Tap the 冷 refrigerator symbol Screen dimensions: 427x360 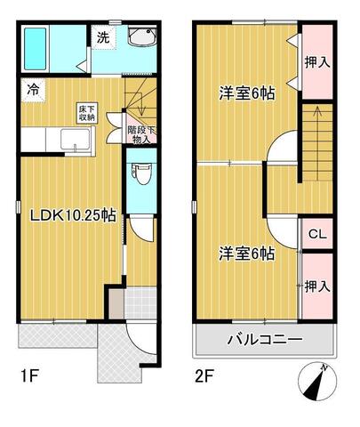(31, 89)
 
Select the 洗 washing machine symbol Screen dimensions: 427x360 (103, 38)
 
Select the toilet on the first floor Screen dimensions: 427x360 (140, 171)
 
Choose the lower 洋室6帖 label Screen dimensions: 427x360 (246, 254)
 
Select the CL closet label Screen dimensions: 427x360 (317, 235)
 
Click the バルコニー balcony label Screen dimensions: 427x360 (265, 339)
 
